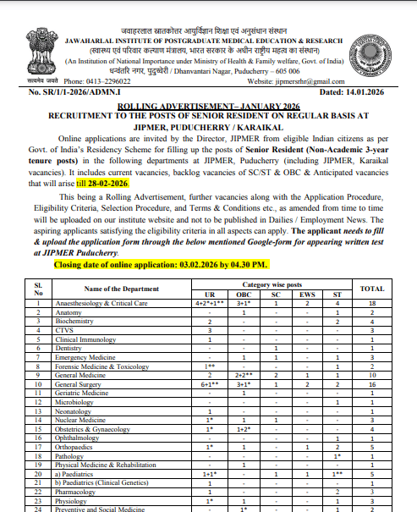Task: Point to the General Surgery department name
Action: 75,383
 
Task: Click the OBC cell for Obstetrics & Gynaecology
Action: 244,429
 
